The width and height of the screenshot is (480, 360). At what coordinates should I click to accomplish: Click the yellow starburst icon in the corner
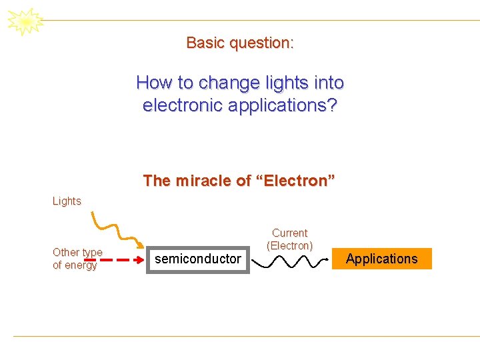pos(25,21)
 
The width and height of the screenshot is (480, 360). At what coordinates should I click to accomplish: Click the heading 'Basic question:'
pos(240,43)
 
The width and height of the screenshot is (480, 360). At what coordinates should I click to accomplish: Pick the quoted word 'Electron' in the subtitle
pos(293,181)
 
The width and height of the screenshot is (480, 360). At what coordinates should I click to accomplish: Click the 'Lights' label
pos(67,201)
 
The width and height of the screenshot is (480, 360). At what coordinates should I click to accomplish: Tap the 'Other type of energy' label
pos(77,259)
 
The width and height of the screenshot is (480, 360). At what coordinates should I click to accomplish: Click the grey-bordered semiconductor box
pos(198,259)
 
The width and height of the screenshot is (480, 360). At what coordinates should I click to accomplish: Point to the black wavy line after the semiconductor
pos(290,261)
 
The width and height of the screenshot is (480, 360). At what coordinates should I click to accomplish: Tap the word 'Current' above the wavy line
pos(289,233)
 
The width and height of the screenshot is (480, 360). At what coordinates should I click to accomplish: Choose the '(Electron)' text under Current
pos(289,246)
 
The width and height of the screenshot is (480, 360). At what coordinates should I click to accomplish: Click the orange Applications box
pos(381,259)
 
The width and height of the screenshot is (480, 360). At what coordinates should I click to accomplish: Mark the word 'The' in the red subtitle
pos(157,181)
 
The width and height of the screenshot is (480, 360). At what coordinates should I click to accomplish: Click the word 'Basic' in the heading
pos(205,43)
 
